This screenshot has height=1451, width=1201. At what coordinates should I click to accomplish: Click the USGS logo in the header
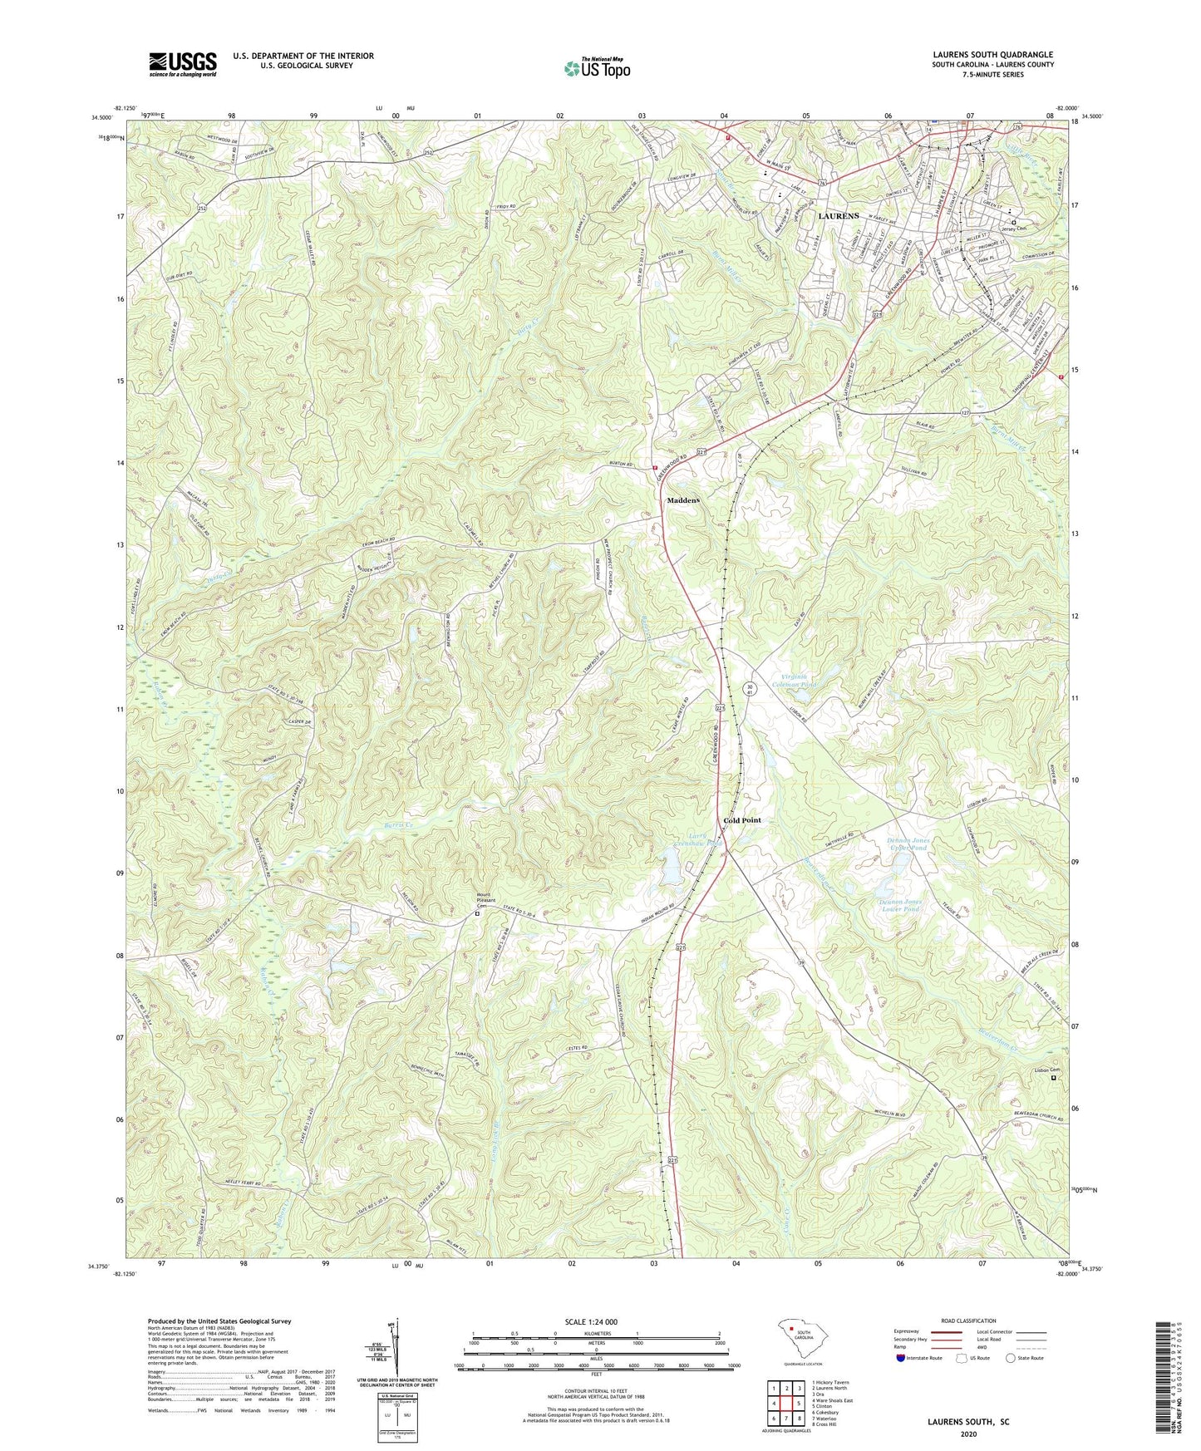pyautogui.click(x=182, y=64)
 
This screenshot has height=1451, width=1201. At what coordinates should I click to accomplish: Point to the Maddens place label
pyautogui.click(x=683, y=501)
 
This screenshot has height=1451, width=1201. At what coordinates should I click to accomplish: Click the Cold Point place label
pyautogui.click(x=741, y=820)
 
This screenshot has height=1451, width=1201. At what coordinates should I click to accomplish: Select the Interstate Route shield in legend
pyautogui.click(x=901, y=1359)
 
